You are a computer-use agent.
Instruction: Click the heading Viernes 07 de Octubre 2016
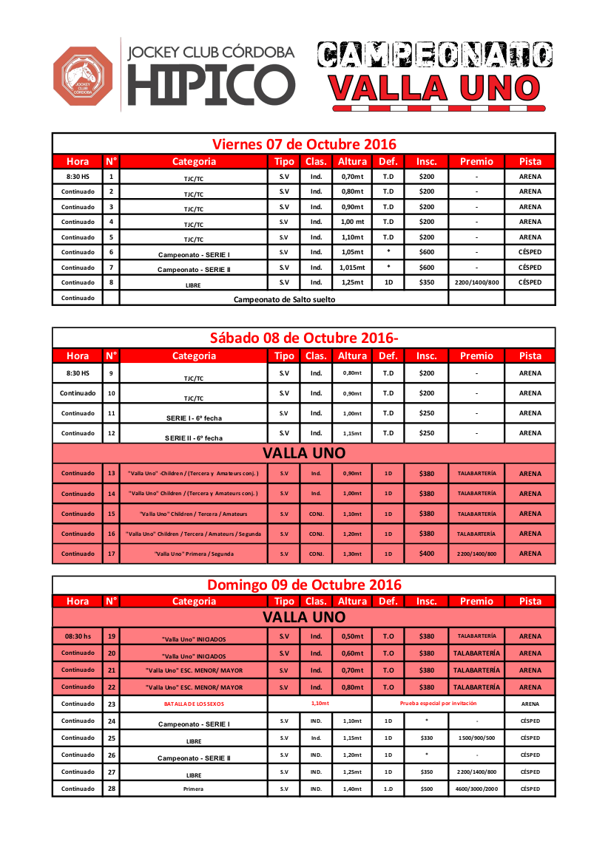pyautogui.click(x=304, y=143)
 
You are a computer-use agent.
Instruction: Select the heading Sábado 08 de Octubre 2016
pyautogui.click(x=304, y=338)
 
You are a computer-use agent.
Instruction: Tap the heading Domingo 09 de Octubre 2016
pyautogui.click(x=304, y=585)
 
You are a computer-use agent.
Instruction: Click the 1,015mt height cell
pyautogui.click(x=352, y=268)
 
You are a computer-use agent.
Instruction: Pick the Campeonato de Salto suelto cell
pyautogui.click(x=284, y=299)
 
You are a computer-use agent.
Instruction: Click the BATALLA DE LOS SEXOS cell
pyautogui.click(x=194, y=704)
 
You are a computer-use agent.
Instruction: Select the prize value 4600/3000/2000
pyautogui.click(x=476, y=789)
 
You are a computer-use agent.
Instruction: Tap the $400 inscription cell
pyautogui.click(x=427, y=554)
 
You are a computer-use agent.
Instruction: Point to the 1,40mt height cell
pyautogui.click(x=352, y=789)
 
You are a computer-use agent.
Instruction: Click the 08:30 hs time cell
pyautogui.click(x=78, y=636)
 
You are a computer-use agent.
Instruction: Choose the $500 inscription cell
pyautogui.click(x=427, y=789)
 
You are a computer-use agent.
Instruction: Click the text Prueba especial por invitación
pyautogui.click(x=438, y=704)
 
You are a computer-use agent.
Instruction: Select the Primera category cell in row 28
pyautogui.click(x=194, y=789)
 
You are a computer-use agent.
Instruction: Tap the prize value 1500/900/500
pyautogui.click(x=476, y=738)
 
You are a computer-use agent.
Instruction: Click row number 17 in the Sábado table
pyautogui.click(x=111, y=554)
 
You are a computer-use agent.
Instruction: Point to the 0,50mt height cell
pyautogui.click(x=352, y=636)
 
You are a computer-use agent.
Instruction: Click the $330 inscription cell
pyautogui.click(x=427, y=738)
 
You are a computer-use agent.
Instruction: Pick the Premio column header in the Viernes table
pyautogui.click(x=476, y=161)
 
